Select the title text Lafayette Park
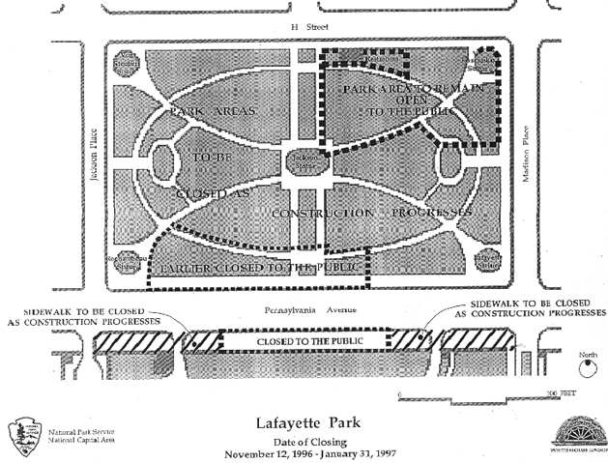304,422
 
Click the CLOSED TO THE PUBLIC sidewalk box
304,341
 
